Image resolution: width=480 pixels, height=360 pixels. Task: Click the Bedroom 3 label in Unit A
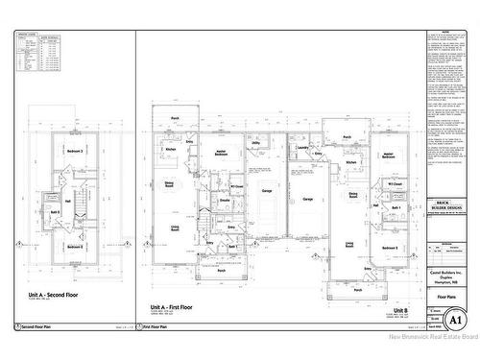(75, 152)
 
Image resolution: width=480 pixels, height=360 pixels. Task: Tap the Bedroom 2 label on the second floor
(75, 247)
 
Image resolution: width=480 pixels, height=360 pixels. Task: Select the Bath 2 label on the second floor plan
(55, 212)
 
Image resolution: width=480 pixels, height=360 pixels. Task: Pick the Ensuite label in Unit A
(224, 200)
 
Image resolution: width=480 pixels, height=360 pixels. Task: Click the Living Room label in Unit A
(177, 228)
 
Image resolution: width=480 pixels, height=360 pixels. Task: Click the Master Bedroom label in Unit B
(389, 155)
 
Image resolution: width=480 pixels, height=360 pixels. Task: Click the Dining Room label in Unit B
(353, 195)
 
